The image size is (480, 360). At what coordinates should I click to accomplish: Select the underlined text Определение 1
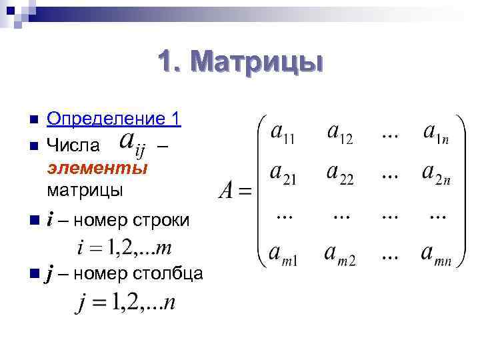pos(114,119)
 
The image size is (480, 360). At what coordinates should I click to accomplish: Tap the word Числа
pos(73,145)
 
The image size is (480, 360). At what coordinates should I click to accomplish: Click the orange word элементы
pos(97,168)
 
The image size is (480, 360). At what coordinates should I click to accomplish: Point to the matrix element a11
pos(284,133)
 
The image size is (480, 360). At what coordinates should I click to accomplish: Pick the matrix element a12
pos(339,133)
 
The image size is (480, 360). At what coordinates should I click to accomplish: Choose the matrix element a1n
pos(437,133)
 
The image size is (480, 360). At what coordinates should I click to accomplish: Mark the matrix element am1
pos(284,255)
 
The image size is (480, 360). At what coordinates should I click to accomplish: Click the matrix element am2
pos(340,255)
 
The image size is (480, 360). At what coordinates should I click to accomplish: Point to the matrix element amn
pos(437,255)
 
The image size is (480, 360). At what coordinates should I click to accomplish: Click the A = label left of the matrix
pos(235,193)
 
